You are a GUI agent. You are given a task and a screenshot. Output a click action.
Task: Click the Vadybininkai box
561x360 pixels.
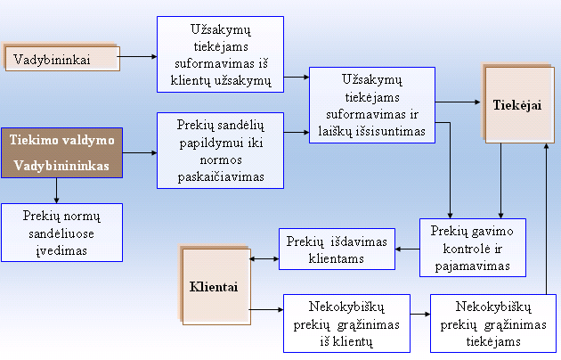(62, 59)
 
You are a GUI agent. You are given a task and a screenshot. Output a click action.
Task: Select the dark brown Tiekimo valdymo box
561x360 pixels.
(62, 152)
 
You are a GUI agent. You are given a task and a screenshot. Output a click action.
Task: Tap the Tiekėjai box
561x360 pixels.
(519, 105)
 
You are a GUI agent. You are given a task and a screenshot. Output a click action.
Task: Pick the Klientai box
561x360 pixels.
(216, 287)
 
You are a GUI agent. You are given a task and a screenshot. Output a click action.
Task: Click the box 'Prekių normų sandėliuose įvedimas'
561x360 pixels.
(62, 233)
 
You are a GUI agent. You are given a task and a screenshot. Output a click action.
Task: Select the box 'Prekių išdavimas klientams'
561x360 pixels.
(337, 250)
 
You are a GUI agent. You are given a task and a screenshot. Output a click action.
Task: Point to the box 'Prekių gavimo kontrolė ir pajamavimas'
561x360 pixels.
(473, 248)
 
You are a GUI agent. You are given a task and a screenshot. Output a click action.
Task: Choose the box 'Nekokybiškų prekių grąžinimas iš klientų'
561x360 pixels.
(346, 323)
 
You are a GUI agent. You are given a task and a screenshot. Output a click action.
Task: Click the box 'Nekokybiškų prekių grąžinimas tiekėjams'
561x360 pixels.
(493, 323)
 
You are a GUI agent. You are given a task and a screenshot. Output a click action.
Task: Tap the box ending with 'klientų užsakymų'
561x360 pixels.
(221, 54)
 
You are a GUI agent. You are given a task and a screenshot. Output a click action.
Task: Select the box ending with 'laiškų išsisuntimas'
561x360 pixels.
(372, 105)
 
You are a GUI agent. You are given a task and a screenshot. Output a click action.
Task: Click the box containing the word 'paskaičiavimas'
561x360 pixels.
(221, 151)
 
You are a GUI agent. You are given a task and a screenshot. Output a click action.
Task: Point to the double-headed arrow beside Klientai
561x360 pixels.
(264, 258)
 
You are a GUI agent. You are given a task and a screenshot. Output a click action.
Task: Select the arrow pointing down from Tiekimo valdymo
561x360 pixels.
(56, 191)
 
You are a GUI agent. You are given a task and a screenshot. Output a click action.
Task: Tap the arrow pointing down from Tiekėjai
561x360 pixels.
(500, 181)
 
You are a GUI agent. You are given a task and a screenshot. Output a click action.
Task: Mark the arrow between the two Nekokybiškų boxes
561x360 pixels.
(420, 315)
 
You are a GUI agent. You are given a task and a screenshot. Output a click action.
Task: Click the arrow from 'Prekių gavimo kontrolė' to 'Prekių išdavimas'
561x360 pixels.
(408, 250)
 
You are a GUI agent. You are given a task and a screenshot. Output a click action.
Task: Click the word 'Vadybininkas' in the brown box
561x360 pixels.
(61, 166)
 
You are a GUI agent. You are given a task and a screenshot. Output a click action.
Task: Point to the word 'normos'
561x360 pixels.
(221, 160)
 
